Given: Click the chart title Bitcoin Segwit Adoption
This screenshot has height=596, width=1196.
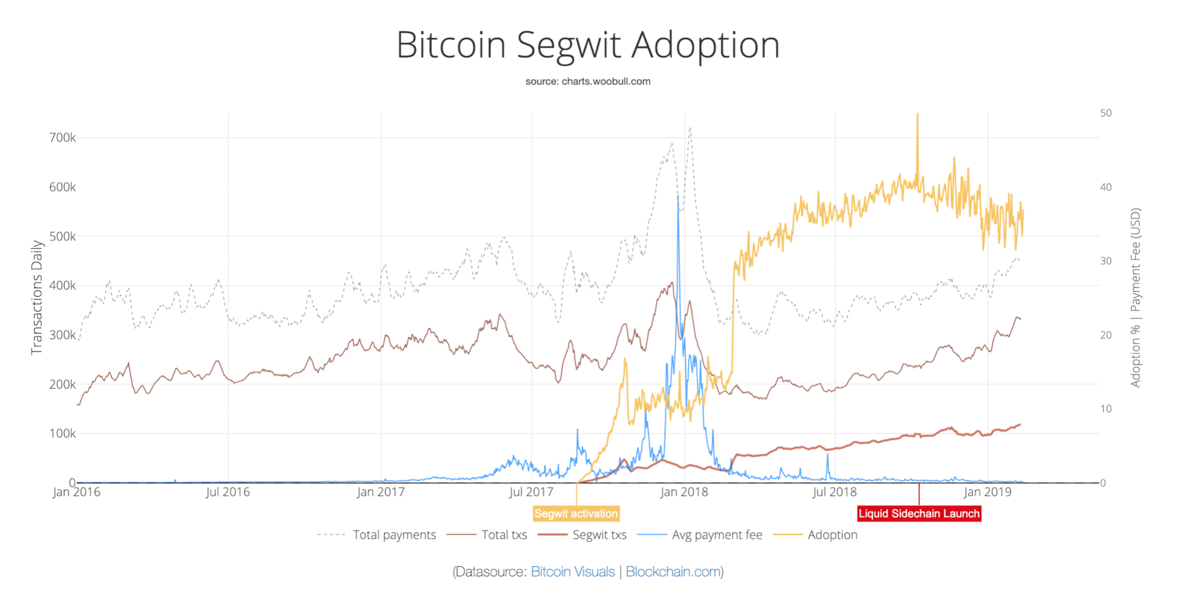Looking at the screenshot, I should tap(588, 45).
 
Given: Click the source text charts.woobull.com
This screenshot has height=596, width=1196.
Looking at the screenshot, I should tap(588, 81).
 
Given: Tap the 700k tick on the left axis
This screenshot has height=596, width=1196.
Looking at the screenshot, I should tap(62, 138).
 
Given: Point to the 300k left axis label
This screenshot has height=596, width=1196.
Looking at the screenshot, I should tap(62, 335).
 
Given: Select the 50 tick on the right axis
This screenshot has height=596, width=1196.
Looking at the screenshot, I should tap(1106, 113).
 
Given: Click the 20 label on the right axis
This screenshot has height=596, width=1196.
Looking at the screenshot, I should tap(1106, 335).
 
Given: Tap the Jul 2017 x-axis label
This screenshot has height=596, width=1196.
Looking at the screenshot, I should tap(531, 492).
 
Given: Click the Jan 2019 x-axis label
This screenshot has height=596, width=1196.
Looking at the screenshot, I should tap(987, 492).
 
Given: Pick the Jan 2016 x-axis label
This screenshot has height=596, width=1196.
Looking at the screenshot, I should tap(76, 492).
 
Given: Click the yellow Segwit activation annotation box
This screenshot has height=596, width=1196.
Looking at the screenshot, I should tap(576, 513).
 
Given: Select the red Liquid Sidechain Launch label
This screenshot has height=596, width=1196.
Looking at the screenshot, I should tap(918, 513).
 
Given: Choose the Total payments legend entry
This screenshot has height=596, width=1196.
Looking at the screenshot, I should tap(394, 535).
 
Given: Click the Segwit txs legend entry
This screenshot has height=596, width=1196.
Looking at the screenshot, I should tap(599, 535).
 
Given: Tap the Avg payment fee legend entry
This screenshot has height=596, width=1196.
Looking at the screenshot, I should tap(716, 535).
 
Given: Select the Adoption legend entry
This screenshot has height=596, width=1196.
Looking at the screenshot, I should tap(832, 535).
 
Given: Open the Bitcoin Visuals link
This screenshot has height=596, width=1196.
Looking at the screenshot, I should tap(573, 572).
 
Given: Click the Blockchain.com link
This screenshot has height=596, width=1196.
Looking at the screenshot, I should tap(673, 572).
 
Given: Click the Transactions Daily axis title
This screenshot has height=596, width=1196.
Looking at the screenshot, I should tap(37, 297).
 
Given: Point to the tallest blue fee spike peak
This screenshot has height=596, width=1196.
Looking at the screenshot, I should tap(678, 197).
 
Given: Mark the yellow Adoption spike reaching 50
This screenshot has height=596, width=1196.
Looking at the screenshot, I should tap(917, 115).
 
